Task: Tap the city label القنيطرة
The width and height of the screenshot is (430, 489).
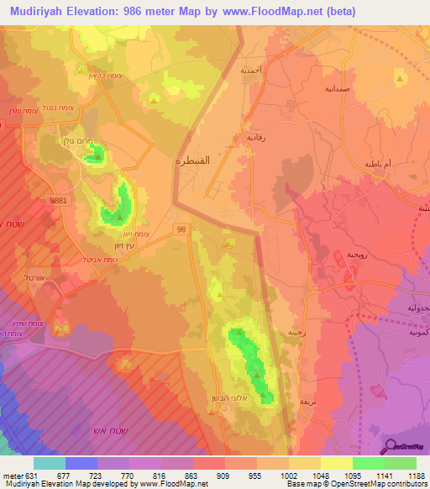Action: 191,159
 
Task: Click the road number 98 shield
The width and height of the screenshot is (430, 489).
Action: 181,228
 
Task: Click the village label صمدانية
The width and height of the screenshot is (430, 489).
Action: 342,87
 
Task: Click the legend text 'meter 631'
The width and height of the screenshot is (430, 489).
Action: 18,476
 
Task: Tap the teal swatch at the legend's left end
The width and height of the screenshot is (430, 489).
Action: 50,463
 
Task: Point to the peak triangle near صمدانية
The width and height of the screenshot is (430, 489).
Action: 400,78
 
